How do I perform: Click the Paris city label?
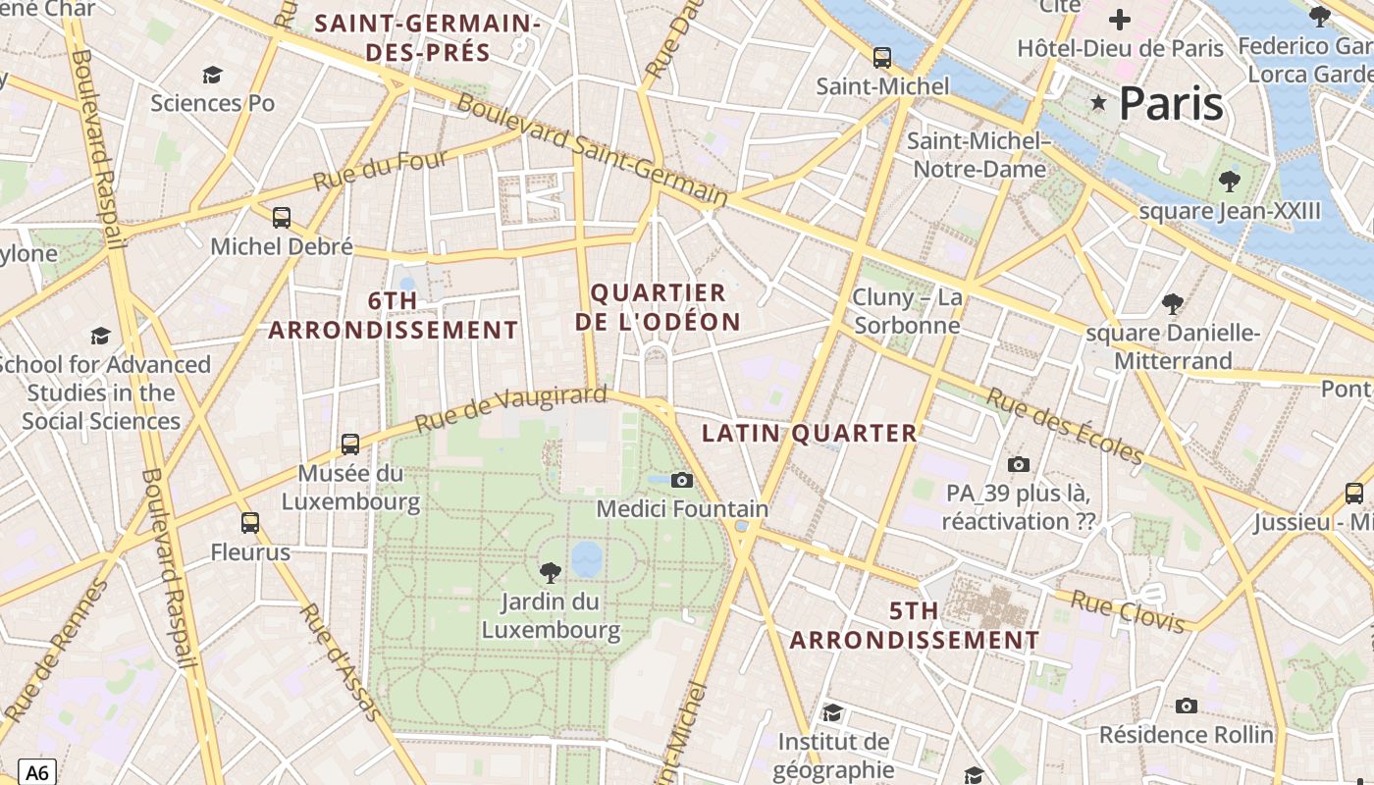coord(1171,103)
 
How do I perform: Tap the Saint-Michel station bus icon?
coord(882,57)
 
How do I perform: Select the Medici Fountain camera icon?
coord(682,480)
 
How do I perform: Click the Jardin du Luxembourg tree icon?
coord(551,572)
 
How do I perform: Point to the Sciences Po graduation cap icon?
coord(212,75)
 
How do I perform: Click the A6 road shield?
coord(37,771)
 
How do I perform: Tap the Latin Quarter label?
coord(810,433)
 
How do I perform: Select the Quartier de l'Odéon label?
coord(658,307)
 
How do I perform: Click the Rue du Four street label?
coord(380,170)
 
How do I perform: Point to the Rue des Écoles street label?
coord(1064,426)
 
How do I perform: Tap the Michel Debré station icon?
coord(282,218)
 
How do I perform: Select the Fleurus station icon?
coord(250,523)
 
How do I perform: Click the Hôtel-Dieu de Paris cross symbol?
coord(1120,20)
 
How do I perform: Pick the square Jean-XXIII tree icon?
coord(1229,182)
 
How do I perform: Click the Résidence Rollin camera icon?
coord(1187,706)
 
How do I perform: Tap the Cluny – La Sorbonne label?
coord(907,311)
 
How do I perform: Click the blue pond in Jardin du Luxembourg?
coord(587,559)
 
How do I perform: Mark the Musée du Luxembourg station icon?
coord(350,444)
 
